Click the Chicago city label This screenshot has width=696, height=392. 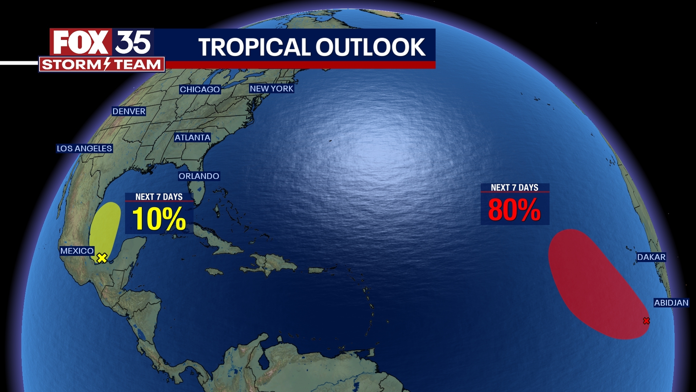click(200, 90)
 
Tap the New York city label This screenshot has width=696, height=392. click(272, 89)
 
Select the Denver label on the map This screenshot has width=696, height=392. click(129, 111)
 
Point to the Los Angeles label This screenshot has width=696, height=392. click(84, 148)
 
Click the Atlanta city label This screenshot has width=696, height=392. click(192, 138)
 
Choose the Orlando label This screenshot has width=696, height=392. click(199, 176)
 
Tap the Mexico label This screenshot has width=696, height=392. click(77, 251)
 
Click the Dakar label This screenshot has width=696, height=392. click(651, 257)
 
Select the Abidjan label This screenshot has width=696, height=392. click(671, 303)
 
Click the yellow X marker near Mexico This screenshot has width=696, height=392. click(102, 258)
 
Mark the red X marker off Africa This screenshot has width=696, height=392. click(646, 321)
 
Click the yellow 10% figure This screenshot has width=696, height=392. click(159, 219)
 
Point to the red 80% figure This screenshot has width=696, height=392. click(514, 210)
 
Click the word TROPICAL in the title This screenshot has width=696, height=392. click(254, 47)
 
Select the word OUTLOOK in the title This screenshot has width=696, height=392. click(370, 47)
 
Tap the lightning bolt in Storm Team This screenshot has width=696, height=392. click(107, 64)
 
